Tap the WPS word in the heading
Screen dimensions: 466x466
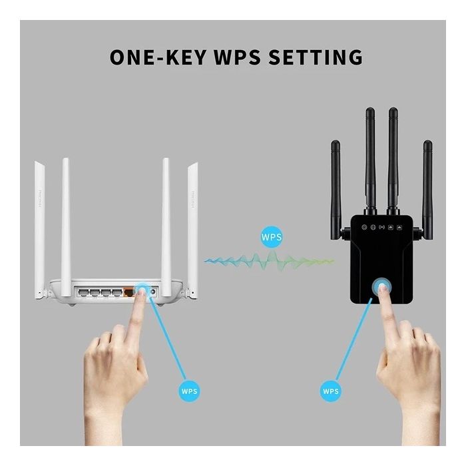(238, 57)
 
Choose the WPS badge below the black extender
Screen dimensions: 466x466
(331, 390)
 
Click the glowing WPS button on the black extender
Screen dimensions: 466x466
(383, 288)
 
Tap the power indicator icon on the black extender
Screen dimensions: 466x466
(365, 227)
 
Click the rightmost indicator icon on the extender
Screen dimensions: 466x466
(399, 227)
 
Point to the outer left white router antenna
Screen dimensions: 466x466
(39, 220)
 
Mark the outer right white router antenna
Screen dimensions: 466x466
(193, 220)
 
